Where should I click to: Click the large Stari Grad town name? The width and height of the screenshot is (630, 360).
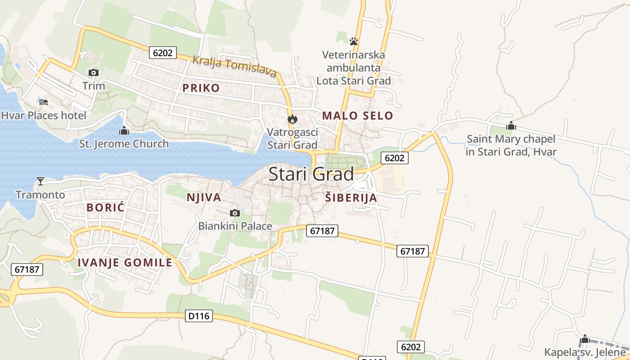pos(311,174)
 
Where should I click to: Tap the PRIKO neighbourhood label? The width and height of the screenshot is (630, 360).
pos(201,88)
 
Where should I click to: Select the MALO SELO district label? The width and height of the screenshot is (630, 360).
pos(358,116)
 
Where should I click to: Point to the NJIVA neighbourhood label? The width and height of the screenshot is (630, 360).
pos(204,197)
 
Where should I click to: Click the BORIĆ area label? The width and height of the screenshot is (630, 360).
pos(105,207)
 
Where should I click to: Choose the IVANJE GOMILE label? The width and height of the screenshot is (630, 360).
pos(125,263)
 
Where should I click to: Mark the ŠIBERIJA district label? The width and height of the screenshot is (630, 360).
pos(351,198)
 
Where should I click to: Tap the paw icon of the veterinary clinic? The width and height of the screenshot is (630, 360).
pos(354,41)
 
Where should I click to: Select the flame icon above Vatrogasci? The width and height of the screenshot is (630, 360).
pos(292,119)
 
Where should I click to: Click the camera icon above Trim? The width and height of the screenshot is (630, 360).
pos(94,72)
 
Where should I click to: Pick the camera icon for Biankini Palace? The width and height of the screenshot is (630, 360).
pos(234,213)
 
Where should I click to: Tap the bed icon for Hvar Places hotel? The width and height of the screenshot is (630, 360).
pos(44,102)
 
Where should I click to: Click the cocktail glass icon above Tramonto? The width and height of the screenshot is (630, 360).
pos(40,181)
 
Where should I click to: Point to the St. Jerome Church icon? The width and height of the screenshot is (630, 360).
pos(124,131)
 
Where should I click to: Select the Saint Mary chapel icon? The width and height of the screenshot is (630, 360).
pos(511,126)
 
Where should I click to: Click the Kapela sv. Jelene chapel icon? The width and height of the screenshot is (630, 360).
pos(585,339)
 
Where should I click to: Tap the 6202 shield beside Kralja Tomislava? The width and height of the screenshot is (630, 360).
pos(162,53)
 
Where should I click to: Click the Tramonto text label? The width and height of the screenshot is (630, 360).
pos(40,195)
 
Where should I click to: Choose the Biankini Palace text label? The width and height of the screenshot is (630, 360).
pos(235,226)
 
